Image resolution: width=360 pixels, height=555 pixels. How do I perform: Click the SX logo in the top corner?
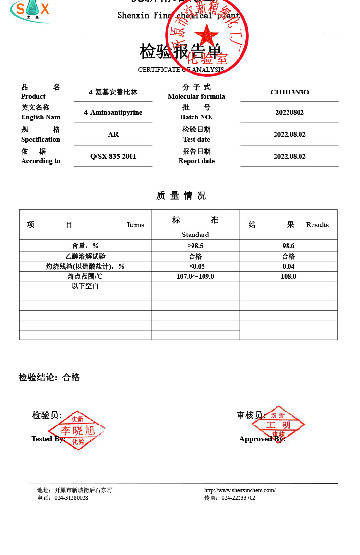pyautogui.click(x=31, y=11)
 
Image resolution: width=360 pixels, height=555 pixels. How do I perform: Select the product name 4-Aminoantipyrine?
pyautogui.click(x=113, y=112)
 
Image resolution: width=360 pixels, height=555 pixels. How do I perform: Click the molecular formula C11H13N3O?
pyautogui.click(x=289, y=92)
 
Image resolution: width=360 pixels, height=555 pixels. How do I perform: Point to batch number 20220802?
pyautogui.click(x=289, y=112)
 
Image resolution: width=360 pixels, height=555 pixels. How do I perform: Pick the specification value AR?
pyautogui.click(x=113, y=134)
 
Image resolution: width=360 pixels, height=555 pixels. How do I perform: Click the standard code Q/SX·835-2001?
pyautogui.click(x=113, y=156)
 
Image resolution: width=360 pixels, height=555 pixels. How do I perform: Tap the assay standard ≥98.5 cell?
pyautogui.click(x=195, y=246)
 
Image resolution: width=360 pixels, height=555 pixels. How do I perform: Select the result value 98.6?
pyautogui.click(x=288, y=246)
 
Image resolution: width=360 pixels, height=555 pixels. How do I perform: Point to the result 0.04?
pyautogui.click(x=288, y=266)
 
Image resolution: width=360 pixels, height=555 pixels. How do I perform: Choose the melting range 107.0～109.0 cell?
pyautogui.click(x=195, y=276)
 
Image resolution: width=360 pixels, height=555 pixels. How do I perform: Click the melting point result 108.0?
pyautogui.click(x=288, y=276)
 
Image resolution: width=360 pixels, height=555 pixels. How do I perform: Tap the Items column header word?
pyautogui.click(x=135, y=225)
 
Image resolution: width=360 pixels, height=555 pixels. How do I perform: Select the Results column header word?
pyautogui.click(x=317, y=225)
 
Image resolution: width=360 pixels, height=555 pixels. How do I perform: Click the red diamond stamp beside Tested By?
pyautogui.click(x=77, y=430)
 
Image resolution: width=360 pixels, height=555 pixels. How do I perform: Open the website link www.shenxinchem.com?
pyautogui.click(x=240, y=490)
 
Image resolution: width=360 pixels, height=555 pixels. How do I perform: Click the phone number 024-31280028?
pyautogui.click(x=71, y=498)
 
